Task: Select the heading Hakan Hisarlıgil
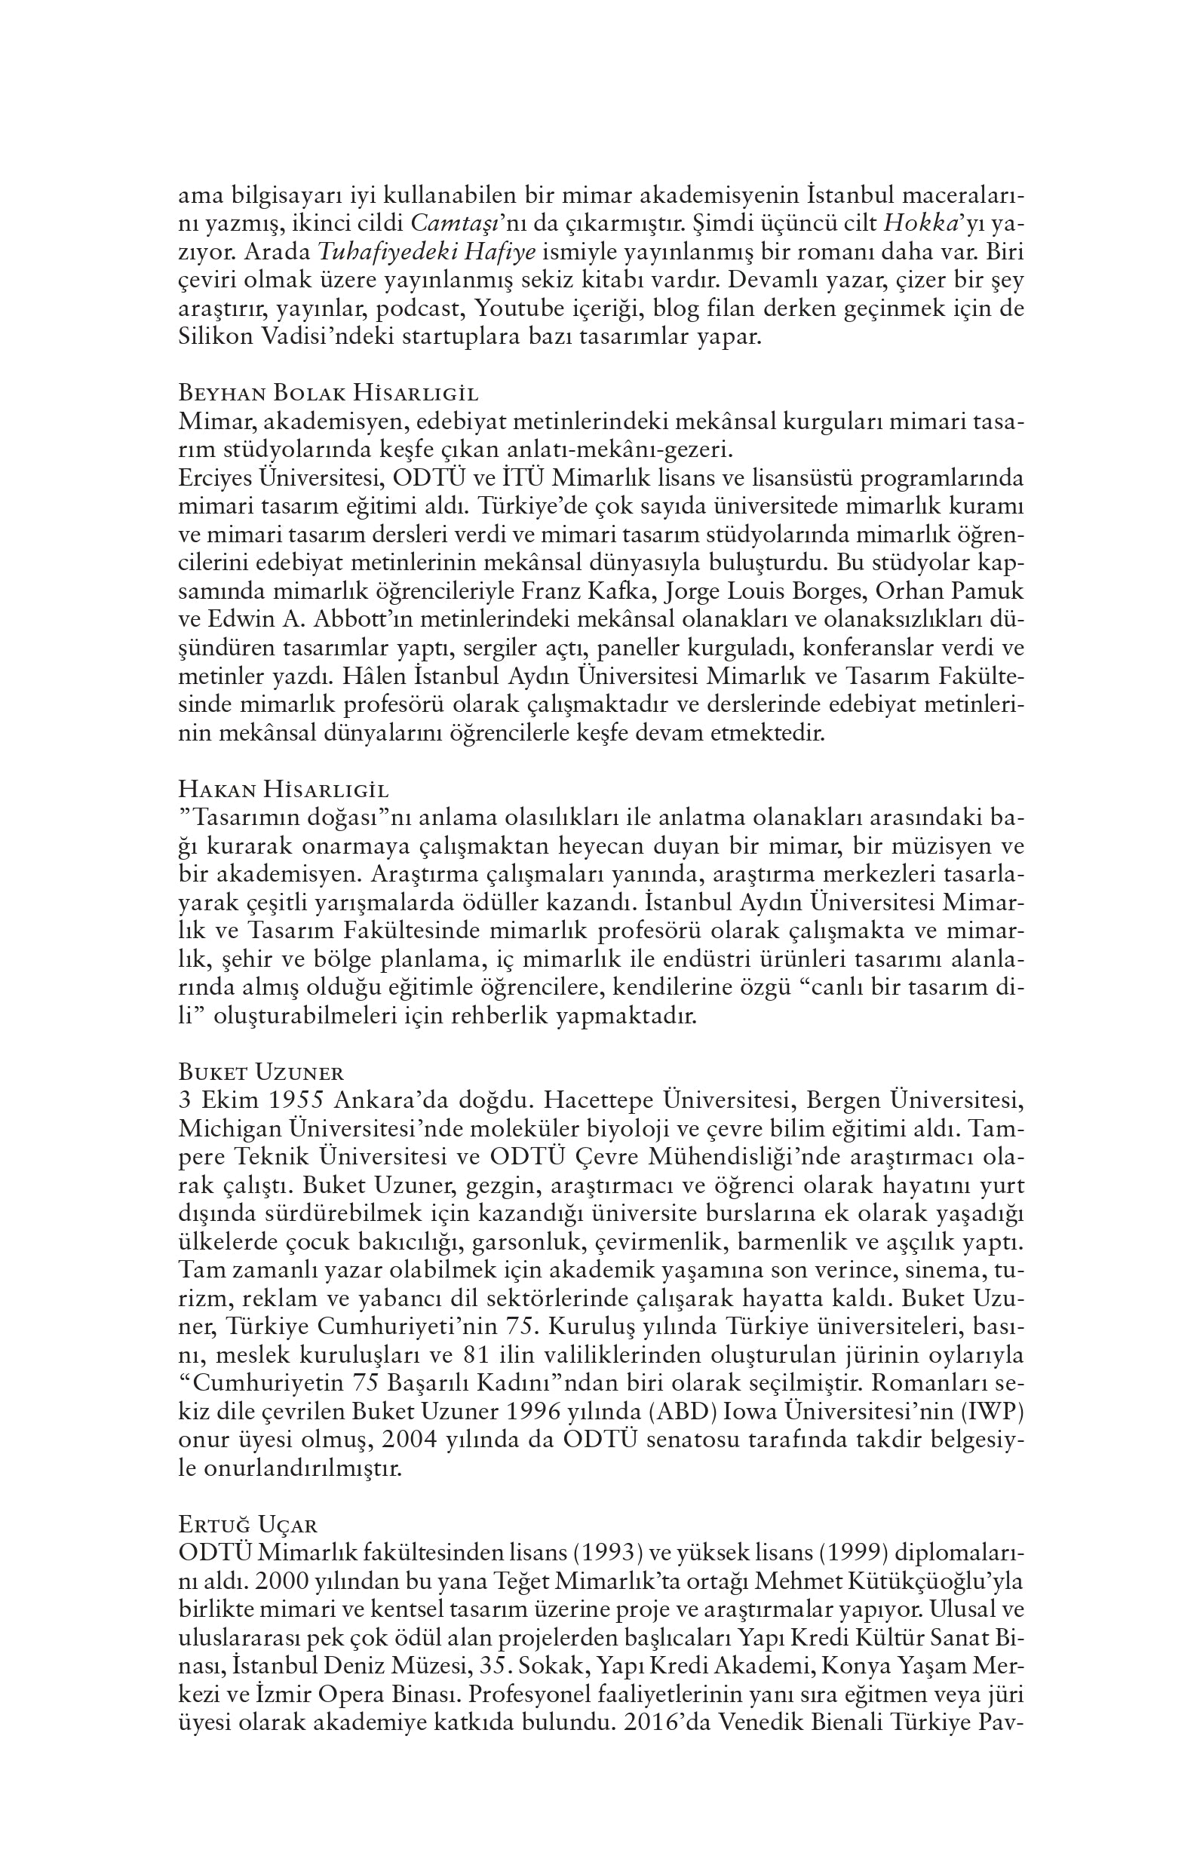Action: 284,789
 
